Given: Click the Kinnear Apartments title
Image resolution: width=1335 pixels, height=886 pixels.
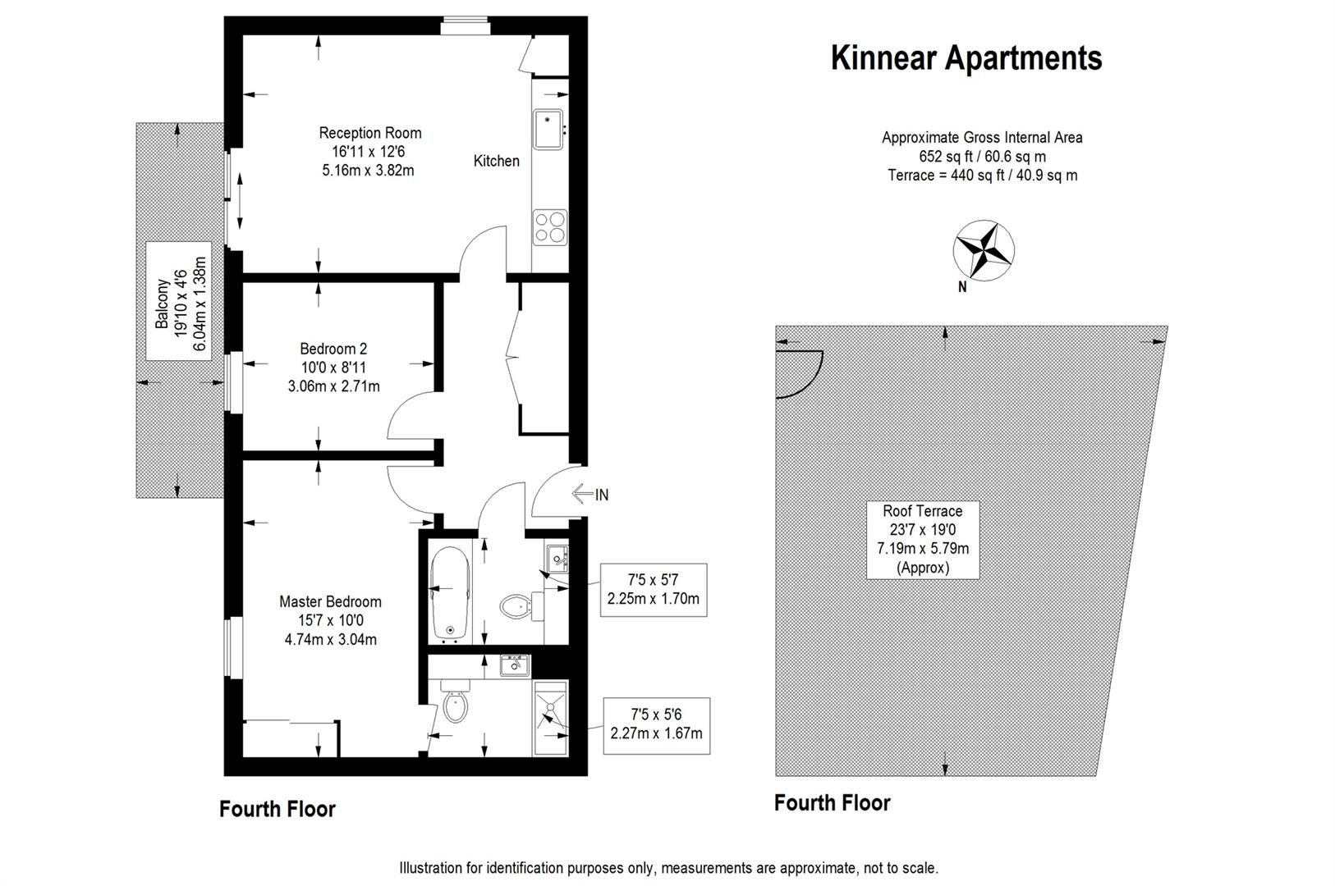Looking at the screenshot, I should [x=966, y=58].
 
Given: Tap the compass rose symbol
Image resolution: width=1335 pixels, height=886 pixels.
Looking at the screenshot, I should [x=983, y=249].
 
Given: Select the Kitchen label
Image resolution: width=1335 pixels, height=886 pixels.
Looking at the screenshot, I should [x=496, y=161].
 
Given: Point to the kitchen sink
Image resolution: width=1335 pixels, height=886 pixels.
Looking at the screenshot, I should [x=548, y=130].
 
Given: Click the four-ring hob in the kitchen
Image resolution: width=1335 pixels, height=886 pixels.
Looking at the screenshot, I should [x=550, y=227].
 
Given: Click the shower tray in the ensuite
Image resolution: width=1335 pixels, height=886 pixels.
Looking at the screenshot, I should [x=549, y=718].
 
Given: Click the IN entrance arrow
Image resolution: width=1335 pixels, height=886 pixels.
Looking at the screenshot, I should [x=591, y=494].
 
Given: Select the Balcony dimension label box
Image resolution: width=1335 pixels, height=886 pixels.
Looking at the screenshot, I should [x=179, y=301].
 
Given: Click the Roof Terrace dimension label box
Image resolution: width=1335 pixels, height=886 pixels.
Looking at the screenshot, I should [x=923, y=538].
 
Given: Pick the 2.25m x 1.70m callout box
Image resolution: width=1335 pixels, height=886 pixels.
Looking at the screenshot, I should [x=653, y=589].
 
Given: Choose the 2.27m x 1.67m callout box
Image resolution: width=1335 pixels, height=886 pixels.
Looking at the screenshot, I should [x=656, y=724].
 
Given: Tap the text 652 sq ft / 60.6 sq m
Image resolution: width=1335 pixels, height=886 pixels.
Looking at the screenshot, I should [x=982, y=157].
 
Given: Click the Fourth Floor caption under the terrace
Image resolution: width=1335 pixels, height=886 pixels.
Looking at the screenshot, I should [x=832, y=802].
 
